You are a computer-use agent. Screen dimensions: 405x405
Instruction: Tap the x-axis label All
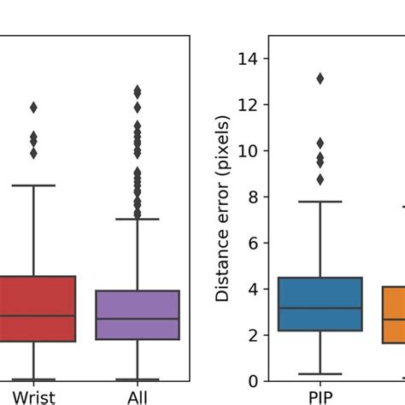pos(138,397)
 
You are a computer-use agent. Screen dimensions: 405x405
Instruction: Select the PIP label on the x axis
pos(320,397)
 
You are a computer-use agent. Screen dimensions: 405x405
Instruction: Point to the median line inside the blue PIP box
pos(320,308)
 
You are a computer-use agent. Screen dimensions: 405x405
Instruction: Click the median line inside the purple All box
pos(138,319)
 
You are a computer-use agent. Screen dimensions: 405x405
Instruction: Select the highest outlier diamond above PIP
pos(320,79)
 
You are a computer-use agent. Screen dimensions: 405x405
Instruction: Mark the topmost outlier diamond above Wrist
pos(34,108)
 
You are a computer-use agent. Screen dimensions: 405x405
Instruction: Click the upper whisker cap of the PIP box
pos(320,202)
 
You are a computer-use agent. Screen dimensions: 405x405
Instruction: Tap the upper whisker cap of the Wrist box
pos(34,185)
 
